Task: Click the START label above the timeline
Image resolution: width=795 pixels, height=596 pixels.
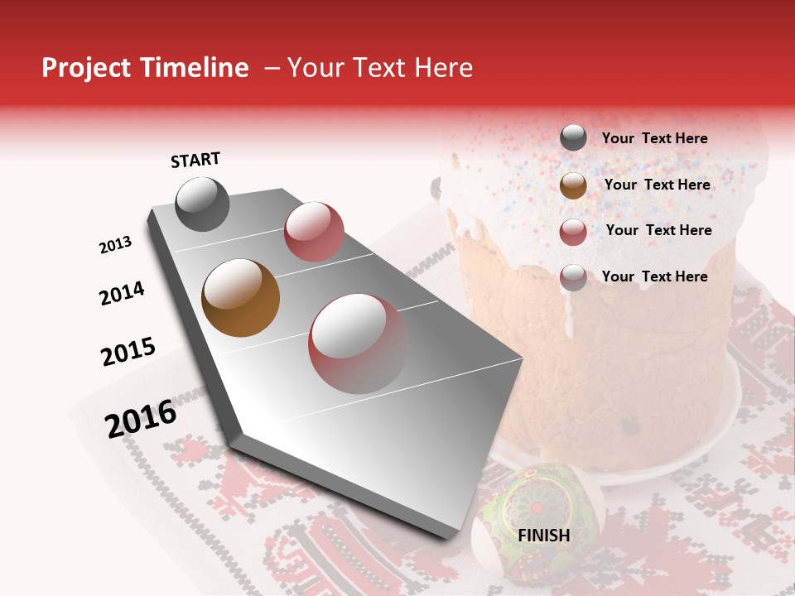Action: click(195, 160)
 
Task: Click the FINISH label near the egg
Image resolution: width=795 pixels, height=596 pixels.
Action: click(544, 536)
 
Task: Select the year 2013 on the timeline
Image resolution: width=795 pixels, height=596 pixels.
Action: click(116, 245)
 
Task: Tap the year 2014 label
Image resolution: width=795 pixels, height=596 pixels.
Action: click(123, 293)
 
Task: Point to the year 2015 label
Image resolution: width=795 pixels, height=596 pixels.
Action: click(128, 352)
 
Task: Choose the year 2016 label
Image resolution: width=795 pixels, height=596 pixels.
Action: click(141, 418)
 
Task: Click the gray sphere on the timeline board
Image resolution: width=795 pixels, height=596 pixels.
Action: click(202, 204)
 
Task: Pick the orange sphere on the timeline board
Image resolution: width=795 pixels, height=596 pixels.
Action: click(240, 298)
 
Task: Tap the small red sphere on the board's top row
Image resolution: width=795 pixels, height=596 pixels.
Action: click(314, 231)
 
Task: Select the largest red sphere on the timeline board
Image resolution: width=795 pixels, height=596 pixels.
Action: click(358, 343)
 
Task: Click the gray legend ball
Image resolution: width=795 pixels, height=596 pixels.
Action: click(573, 138)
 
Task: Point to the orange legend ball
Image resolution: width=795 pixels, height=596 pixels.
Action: click(573, 185)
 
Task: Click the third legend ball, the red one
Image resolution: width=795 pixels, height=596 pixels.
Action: click(573, 232)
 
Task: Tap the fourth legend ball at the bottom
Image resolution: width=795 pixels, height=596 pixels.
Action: click(573, 277)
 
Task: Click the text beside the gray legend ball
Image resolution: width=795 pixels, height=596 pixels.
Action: click(654, 138)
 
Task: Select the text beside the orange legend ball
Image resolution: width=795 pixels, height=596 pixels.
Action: click(657, 185)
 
